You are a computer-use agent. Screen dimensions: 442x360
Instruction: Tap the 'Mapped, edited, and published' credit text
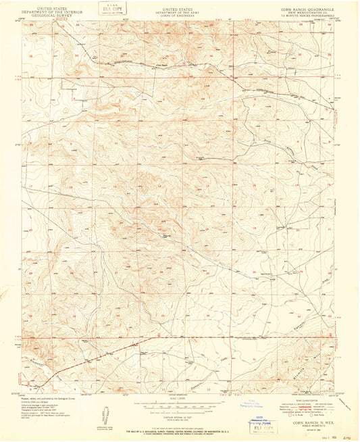click(47, 397)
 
